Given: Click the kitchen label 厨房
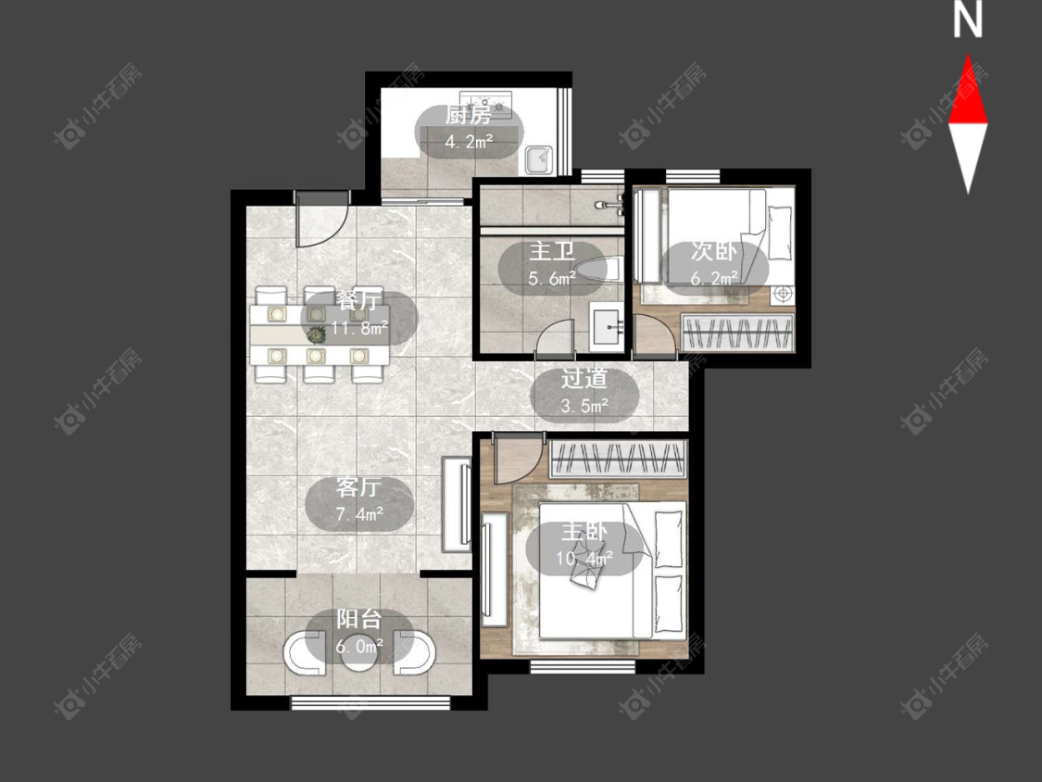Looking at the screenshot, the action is (470, 115).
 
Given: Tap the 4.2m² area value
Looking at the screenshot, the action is (470, 142).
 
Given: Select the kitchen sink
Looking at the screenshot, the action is (538, 159).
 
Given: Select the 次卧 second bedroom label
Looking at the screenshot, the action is (714, 251).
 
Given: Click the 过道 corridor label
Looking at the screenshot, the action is (584, 378).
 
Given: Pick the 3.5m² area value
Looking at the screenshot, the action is (584, 405).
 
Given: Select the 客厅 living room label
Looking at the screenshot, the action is (358, 487).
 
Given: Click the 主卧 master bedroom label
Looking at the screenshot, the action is (584, 531).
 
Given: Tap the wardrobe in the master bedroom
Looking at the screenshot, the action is (618, 458).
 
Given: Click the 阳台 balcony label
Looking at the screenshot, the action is (358, 619).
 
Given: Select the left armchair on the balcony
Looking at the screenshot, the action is (307, 652).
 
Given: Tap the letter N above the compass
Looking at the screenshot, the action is (968, 20).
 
